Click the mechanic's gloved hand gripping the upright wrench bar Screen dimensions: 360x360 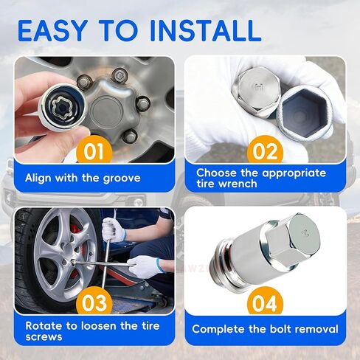(114, 230)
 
